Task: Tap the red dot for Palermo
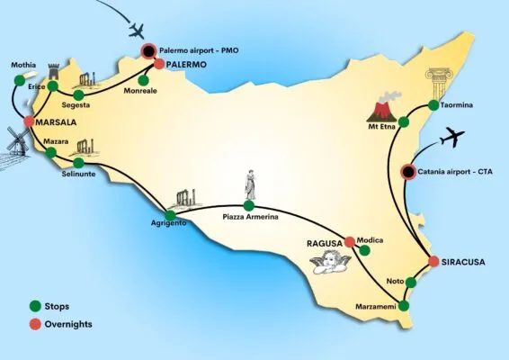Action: point(159,64)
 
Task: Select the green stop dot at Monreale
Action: point(143,80)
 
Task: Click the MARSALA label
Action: point(56,122)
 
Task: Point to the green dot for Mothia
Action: point(20,81)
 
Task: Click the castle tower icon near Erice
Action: point(54,71)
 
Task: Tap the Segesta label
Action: point(76,105)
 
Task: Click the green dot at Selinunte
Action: point(78,163)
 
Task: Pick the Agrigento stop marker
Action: point(170,215)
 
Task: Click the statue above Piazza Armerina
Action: point(250,184)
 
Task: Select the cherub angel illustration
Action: point(330,261)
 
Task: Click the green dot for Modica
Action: point(364,250)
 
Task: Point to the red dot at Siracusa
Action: point(433,261)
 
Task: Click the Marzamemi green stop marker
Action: point(404,306)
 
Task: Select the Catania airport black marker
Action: point(408,172)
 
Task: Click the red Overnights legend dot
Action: point(35,324)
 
